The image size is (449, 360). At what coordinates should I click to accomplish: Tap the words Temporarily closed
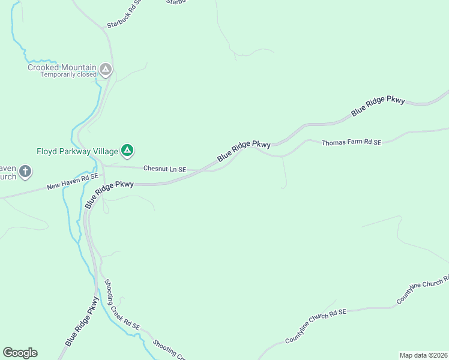pyautogui.click(x=68, y=75)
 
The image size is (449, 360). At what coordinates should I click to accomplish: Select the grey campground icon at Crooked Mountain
pyautogui.click(x=106, y=70)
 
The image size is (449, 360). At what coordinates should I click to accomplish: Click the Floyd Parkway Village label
pyautogui.click(x=76, y=151)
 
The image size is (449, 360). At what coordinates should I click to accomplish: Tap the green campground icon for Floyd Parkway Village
pyautogui.click(x=127, y=150)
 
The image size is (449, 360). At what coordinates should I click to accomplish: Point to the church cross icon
pyautogui.click(x=25, y=172)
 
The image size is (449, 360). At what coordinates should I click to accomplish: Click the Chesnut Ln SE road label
pyautogui.click(x=164, y=169)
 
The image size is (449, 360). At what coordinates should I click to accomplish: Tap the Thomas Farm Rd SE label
pyautogui.click(x=351, y=143)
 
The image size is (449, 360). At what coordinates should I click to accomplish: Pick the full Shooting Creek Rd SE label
pyautogui.click(x=122, y=305)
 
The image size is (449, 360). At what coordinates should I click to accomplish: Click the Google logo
pyautogui.click(x=20, y=353)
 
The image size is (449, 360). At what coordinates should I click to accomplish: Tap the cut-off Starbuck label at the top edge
pyautogui.click(x=176, y=2)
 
